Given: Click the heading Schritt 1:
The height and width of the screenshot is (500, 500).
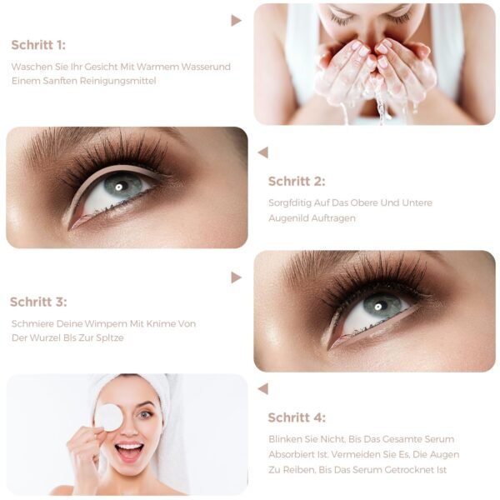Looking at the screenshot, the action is [x=38, y=45].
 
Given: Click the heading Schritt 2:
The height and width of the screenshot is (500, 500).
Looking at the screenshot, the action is [x=297, y=181].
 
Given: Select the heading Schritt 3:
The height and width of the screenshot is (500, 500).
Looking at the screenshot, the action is [x=38, y=302].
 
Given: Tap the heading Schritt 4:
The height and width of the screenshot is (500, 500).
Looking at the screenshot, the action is [x=297, y=417].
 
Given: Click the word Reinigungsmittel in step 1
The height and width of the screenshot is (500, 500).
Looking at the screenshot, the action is [x=117, y=81].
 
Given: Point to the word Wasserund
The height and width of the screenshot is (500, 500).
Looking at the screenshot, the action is [x=206, y=67].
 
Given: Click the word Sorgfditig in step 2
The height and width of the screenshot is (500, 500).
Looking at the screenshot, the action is [x=289, y=203].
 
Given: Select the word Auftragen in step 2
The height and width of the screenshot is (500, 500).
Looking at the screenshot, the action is [x=333, y=218].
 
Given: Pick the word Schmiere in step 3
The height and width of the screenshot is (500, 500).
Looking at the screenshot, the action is [x=32, y=323].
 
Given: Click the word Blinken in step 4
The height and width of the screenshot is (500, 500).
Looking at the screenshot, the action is [x=285, y=439].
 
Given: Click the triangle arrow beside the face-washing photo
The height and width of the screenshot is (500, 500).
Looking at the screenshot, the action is [x=236, y=21].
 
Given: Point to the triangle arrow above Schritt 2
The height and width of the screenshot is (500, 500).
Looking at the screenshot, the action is [x=263, y=152].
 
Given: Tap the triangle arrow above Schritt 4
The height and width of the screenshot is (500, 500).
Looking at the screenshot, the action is [x=263, y=389].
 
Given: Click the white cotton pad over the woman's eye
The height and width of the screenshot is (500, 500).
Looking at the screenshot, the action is [x=107, y=417].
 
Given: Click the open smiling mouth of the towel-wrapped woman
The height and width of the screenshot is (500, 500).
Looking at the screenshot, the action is [x=129, y=451].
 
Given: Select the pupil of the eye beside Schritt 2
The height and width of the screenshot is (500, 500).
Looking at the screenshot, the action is [x=119, y=187].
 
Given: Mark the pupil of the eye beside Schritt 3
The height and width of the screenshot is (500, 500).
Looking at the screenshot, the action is [x=377, y=307].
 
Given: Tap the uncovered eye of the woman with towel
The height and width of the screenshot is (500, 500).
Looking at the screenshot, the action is [x=144, y=414].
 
